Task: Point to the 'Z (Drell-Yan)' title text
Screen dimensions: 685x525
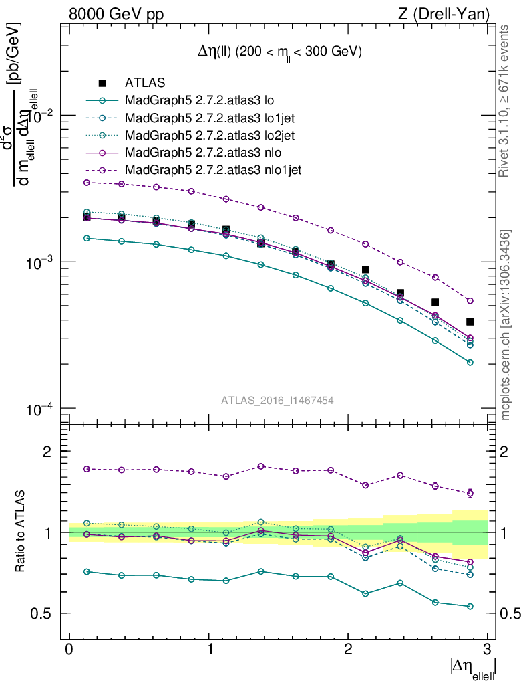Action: pyautogui.click(x=444, y=13)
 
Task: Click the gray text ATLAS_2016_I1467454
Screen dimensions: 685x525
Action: pyautogui.click(x=277, y=400)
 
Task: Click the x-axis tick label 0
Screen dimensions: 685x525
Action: pyautogui.click(x=69, y=649)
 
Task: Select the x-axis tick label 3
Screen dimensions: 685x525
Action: pyautogui.click(x=487, y=649)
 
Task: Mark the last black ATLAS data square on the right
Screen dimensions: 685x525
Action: pyautogui.click(x=470, y=322)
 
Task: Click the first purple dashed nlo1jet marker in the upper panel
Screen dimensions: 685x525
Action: pyautogui.click(x=86, y=182)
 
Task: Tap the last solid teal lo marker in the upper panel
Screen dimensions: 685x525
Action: pyautogui.click(x=470, y=362)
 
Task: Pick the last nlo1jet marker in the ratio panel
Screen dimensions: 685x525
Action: pyautogui.click(x=470, y=493)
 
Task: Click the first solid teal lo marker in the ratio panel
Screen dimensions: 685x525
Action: pyautogui.click(x=86, y=571)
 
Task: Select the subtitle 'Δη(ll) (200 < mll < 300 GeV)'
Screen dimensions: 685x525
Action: pyautogui.click(x=275, y=52)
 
